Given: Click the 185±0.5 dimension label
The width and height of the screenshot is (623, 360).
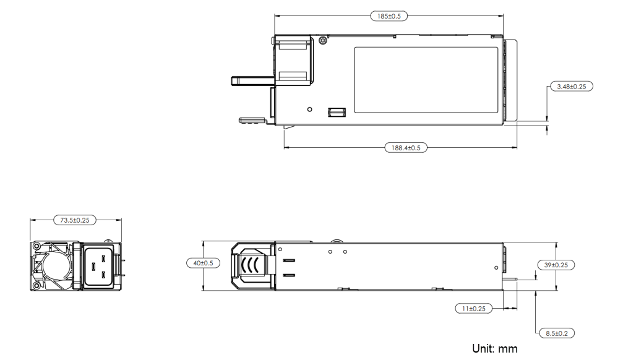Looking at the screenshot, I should pos(389,16).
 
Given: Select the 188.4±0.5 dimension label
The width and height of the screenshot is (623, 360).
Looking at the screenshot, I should pos(405,148).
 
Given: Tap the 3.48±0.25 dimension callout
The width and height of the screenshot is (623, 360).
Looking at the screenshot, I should pos(571,87).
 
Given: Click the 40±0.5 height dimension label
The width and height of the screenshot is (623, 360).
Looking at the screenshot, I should pos(202,264).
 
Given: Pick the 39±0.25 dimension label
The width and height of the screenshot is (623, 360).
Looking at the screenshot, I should pos(556,265).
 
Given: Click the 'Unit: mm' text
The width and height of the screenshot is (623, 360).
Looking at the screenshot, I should pos(494,348).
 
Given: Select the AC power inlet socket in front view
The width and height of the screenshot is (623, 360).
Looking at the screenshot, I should pos(97,266).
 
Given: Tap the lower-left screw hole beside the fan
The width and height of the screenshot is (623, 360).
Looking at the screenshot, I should pos(37,285).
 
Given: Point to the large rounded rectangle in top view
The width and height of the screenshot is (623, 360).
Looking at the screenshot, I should pos(426,80).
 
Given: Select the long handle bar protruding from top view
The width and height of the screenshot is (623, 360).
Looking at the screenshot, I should pos(251,79).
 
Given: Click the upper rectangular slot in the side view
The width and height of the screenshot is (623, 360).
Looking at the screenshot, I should pos(288,260).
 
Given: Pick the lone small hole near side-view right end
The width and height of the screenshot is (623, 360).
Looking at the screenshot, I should pos(497,267).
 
